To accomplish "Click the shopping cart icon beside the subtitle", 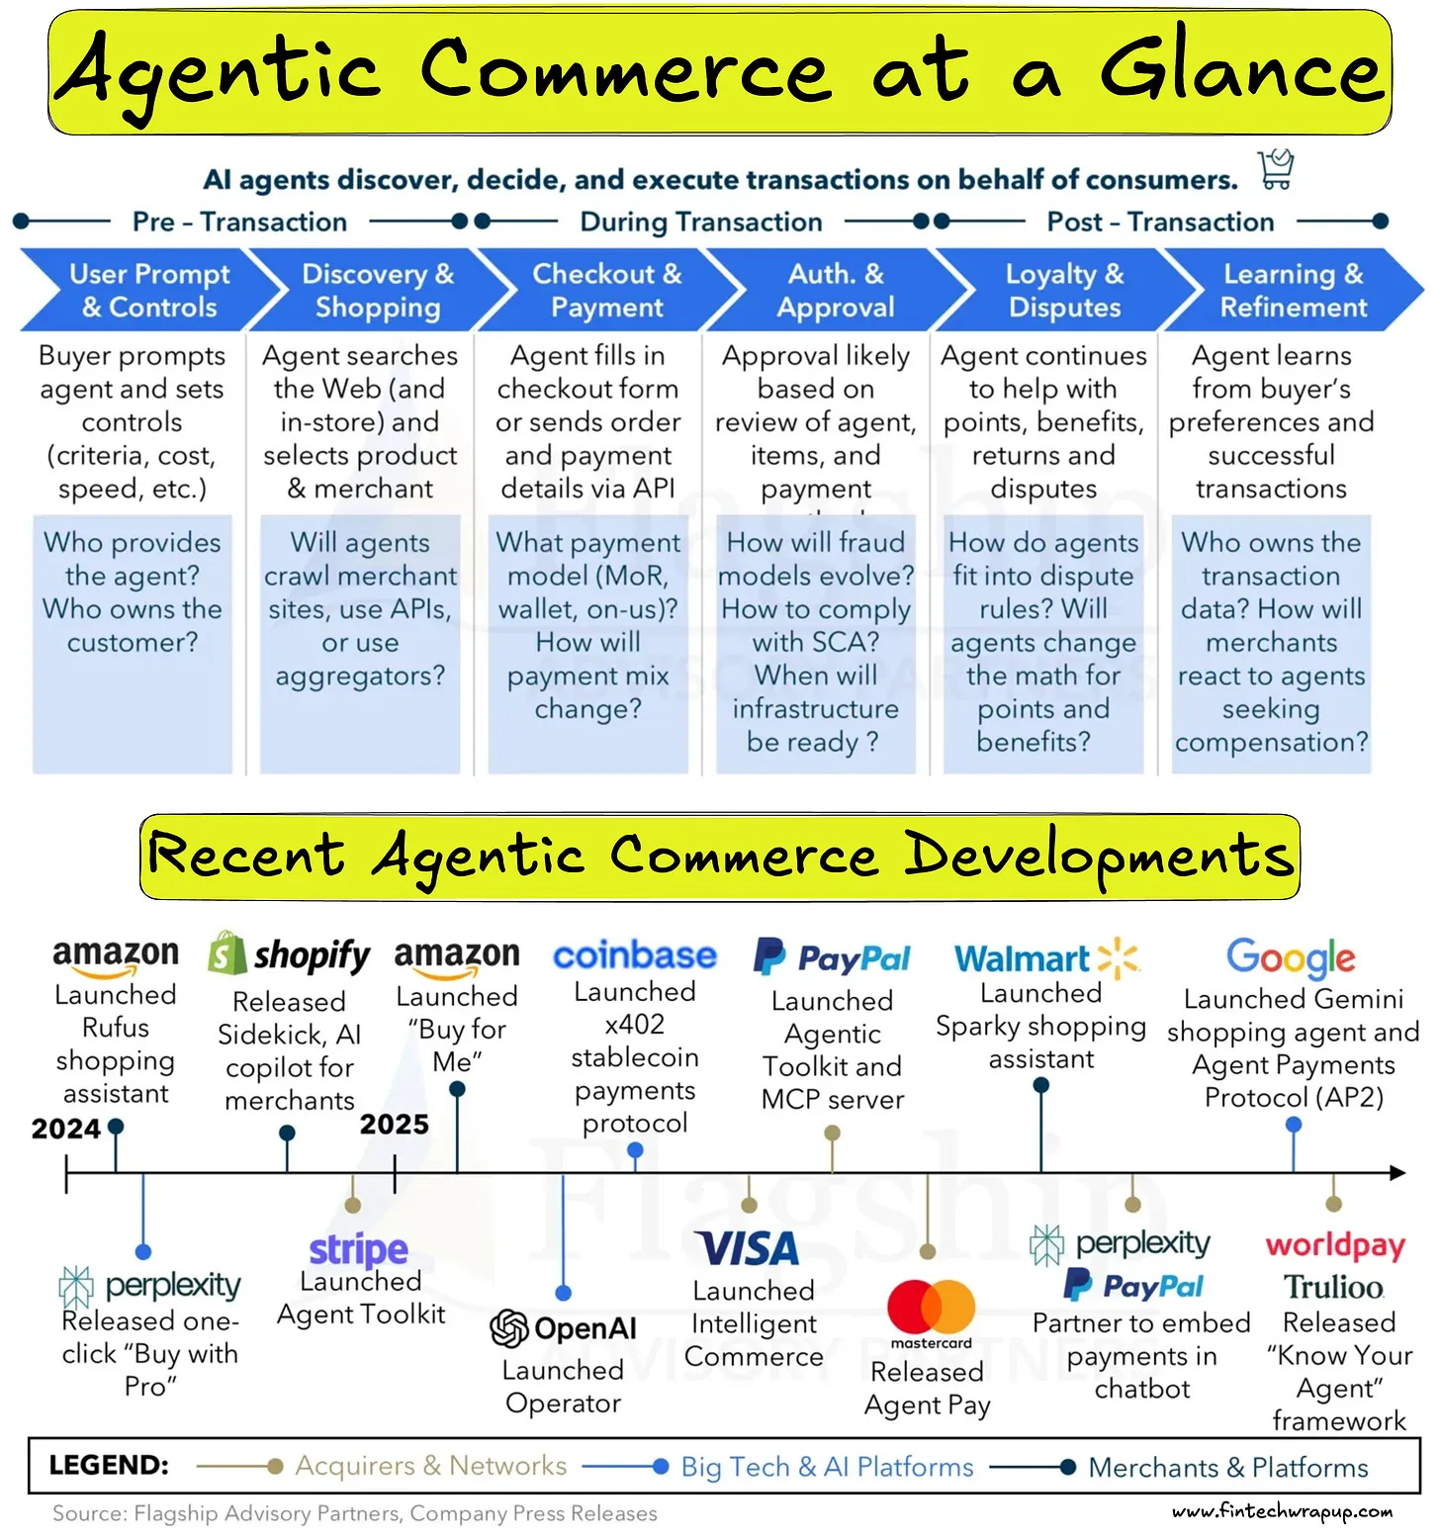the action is pos(1276,169).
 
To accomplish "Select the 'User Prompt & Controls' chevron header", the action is pos(148,290).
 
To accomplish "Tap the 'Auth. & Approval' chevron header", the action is pos(836,290).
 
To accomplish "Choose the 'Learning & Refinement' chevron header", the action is pos(1293,290).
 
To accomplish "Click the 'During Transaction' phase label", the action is pos(700,222).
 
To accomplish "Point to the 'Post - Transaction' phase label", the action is pos(1160,222).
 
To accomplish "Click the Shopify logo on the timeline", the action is pos(289,954).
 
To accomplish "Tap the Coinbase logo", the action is pos(635,955).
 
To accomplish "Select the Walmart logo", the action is pos(1046,957).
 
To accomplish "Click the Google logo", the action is pos(1291,957).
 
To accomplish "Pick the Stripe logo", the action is pos(358,1250).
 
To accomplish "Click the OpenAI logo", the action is pos(564,1328).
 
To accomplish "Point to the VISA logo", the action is pos(747,1248).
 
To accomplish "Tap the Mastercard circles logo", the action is pos(931,1308).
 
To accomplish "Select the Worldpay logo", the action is pos(1335,1246).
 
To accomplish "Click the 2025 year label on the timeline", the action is pos(394,1125).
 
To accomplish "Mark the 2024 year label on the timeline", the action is pos(65,1129).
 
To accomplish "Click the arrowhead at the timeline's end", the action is pos(1397,1173).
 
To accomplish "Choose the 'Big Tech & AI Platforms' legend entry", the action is pos(827,1467).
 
